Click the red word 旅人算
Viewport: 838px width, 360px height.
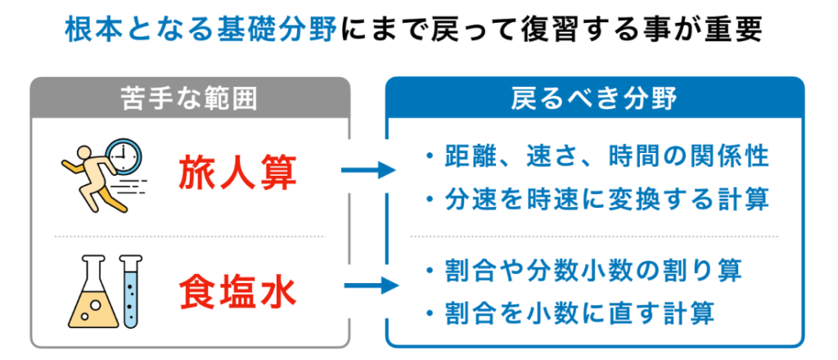[237, 172]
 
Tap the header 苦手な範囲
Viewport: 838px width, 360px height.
[190, 99]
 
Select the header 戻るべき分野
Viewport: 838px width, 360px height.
[594, 99]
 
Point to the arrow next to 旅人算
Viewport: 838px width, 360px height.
[368, 171]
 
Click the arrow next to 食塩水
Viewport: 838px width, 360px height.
[372, 286]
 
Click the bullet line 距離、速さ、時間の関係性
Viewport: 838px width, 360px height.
[597, 157]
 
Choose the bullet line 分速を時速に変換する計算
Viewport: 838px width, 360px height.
[597, 200]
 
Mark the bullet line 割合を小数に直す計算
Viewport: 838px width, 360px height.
[570, 314]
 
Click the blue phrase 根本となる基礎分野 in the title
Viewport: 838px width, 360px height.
[201, 31]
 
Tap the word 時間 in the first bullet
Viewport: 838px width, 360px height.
[631, 157]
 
